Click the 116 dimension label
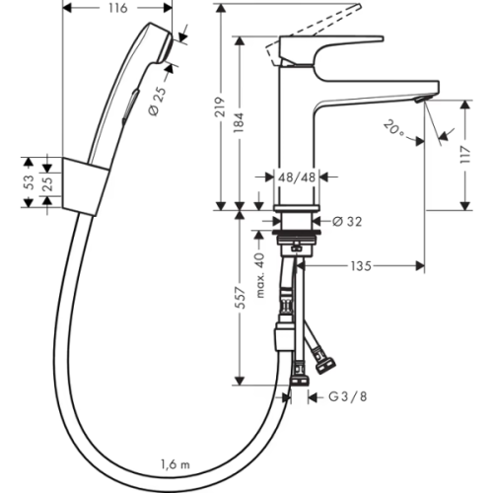(118, 8)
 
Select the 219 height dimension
(220, 106)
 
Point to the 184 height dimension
(239, 122)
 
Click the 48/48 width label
(297, 177)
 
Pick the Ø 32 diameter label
(347, 222)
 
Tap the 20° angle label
(393, 129)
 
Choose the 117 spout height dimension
(465, 155)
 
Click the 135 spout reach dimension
(361, 266)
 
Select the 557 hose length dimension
(241, 298)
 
